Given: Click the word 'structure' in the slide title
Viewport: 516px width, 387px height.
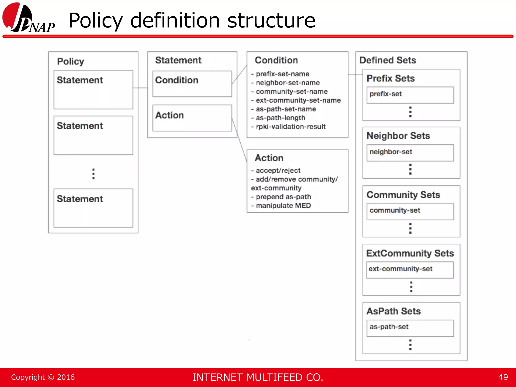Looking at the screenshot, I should point(271,21).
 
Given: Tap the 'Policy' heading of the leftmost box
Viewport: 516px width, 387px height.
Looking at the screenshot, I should point(71,61).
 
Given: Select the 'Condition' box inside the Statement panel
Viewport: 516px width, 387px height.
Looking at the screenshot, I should point(192,84).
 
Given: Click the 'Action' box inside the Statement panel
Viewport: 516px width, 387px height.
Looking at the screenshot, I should point(192,118).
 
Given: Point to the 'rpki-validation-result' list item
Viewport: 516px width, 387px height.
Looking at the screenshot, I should point(291,126).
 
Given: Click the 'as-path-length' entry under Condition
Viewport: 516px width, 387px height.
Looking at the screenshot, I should point(280,118).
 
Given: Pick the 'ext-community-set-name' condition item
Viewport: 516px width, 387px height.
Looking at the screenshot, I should point(298,100).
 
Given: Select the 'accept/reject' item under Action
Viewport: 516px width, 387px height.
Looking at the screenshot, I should point(278,171).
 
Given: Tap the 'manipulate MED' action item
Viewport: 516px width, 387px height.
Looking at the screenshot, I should point(283,206).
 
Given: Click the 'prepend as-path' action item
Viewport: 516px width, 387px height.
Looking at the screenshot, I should point(283,197).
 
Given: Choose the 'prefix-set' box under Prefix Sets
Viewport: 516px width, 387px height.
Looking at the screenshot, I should point(410,95).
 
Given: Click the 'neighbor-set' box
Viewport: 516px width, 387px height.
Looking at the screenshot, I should point(410,153).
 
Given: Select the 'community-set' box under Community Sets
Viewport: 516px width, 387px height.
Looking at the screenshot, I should point(410,211).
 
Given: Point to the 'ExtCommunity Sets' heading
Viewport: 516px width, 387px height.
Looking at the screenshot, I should point(410,253).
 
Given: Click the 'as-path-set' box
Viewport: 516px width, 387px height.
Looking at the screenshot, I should point(410,328).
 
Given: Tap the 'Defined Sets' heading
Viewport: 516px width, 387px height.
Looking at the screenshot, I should point(388,60).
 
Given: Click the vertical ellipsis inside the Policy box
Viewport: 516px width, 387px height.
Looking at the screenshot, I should point(93,174).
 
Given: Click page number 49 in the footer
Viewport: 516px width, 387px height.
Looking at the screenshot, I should point(503,377).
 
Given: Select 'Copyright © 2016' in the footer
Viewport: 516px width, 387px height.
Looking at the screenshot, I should point(43,377).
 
